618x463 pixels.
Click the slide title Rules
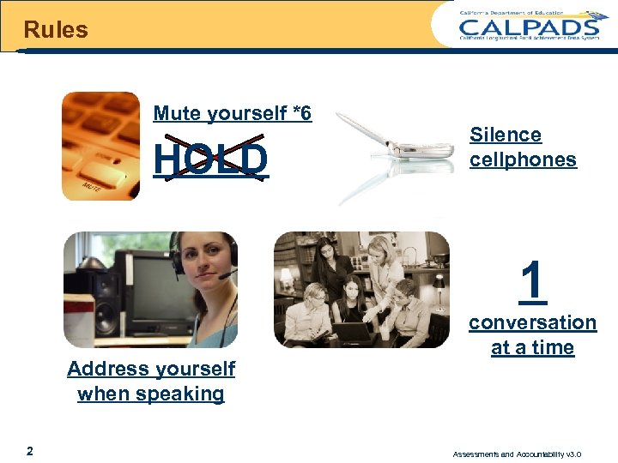click(x=56, y=30)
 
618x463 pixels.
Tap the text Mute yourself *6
click(x=232, y=113)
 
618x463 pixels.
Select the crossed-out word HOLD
click(x=211, y=159)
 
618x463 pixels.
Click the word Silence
click(x=506, y=135)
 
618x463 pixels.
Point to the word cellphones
click(x=523, y=159)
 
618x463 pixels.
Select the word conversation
click(x=532, y=322)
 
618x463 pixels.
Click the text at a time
click(x=532, y=347)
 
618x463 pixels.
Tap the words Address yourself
click(x=151, y=369)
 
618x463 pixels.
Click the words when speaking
click(x=151, y=394)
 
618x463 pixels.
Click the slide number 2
click(x=30, y=451)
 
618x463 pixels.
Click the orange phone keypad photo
click(x=100, y=146)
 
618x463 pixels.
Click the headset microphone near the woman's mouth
click(x=226, y=275)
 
